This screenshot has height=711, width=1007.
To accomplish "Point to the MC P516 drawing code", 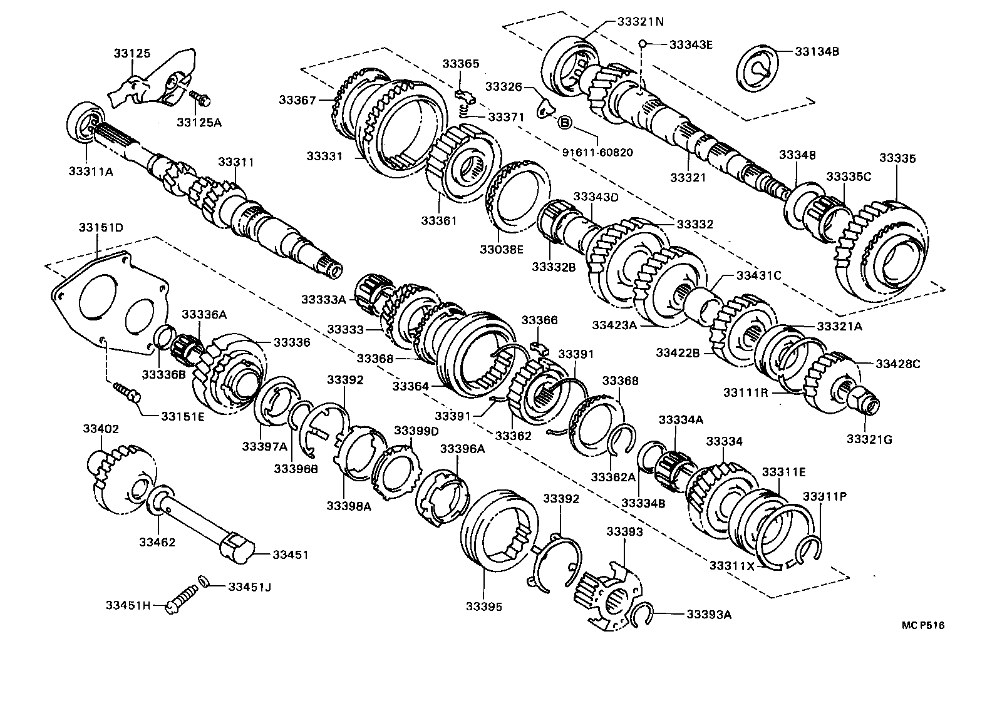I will point(922,625).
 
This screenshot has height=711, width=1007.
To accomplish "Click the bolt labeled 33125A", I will point(201,98).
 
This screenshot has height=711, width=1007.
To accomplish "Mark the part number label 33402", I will point(101,429).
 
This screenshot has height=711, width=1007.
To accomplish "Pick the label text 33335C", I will point(848,176).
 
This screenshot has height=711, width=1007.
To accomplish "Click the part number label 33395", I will point(484,606).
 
